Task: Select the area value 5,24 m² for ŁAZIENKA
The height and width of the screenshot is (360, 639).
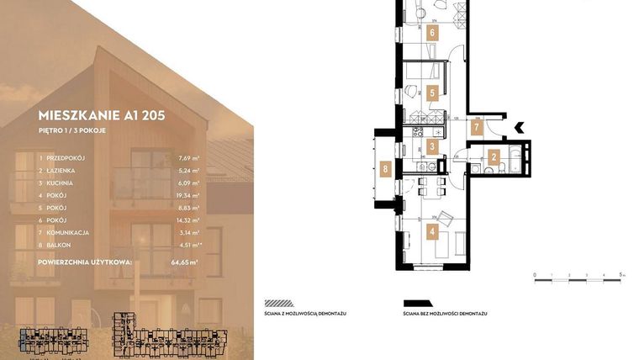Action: (189, 171)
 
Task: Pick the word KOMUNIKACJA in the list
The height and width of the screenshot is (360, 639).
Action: (74, 232)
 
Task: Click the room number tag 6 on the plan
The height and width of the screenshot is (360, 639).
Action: (432, 34)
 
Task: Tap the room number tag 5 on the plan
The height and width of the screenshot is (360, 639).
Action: (432, 93)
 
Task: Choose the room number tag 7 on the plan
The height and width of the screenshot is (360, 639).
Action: (476, 129)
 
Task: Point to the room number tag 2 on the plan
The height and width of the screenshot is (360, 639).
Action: (494, 156)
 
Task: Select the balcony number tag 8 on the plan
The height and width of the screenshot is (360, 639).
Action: (386, 168)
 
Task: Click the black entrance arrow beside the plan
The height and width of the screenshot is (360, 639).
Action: (519, 127)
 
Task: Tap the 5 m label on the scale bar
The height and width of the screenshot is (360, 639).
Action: (620, 274)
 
